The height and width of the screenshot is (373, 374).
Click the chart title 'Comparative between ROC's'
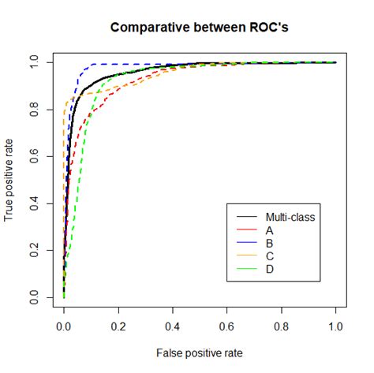pyautogui.click(x=200, y=28)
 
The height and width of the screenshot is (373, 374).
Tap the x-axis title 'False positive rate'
pyautogui.click(x=200, y=353)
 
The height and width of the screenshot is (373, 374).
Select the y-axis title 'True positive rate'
pyautogui.click(x=9, y=180)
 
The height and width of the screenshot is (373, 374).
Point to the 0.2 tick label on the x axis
pyautogui.click(x=118, y=326)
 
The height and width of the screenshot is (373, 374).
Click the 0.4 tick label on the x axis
pyautogui.click(x=173, y=326)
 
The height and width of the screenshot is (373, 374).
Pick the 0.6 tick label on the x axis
pyautogui.click(x=226, y=326)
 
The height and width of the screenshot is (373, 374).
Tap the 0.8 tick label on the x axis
pyautogui.click(x=281, y=326)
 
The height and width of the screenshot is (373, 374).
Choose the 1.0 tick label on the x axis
pyautogui.click(x=335, y=326)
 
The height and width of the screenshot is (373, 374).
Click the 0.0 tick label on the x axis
pyautogui.click(x=64, y=326)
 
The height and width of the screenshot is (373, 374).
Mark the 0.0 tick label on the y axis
pyautogui.click(x=34, y=297)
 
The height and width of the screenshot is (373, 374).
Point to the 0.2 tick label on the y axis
pyautogui.click(x=34, y=250)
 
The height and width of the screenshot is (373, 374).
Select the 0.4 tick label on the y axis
pyautogui.click(x=34, y=203)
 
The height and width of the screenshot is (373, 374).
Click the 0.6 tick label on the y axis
pyautogui.click(x=34, y=156)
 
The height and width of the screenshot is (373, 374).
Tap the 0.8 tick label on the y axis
pyautogui.click(x=34, y=110)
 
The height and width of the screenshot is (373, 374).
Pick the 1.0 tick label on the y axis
pyautogui.click(x=34, y=62)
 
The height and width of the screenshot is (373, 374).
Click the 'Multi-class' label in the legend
pyautogui.click(x=290, y=217)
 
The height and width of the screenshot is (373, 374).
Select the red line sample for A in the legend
pyautogui.click(x=247, y=229)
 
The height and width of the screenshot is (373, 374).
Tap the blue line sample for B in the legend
pyautogui.click(x=247, y=242)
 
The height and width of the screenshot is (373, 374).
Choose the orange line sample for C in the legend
pyautogui.click(x=247, y=256)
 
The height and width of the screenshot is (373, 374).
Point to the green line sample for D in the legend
pyautogui.click(x=247, y=269)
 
